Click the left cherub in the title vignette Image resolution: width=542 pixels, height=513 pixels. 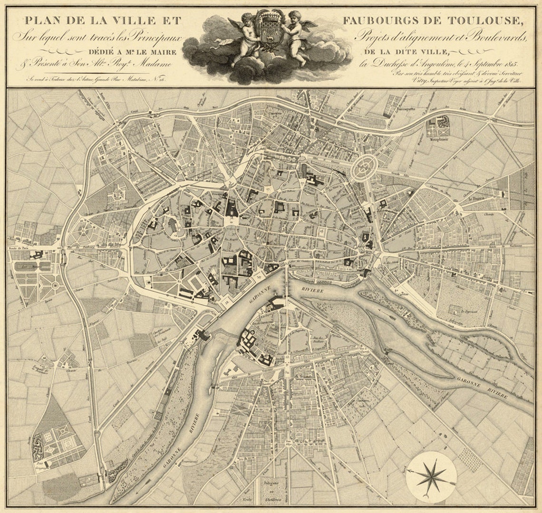click(x=243, y=39)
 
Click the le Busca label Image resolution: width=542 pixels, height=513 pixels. click(x=475, y=199)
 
